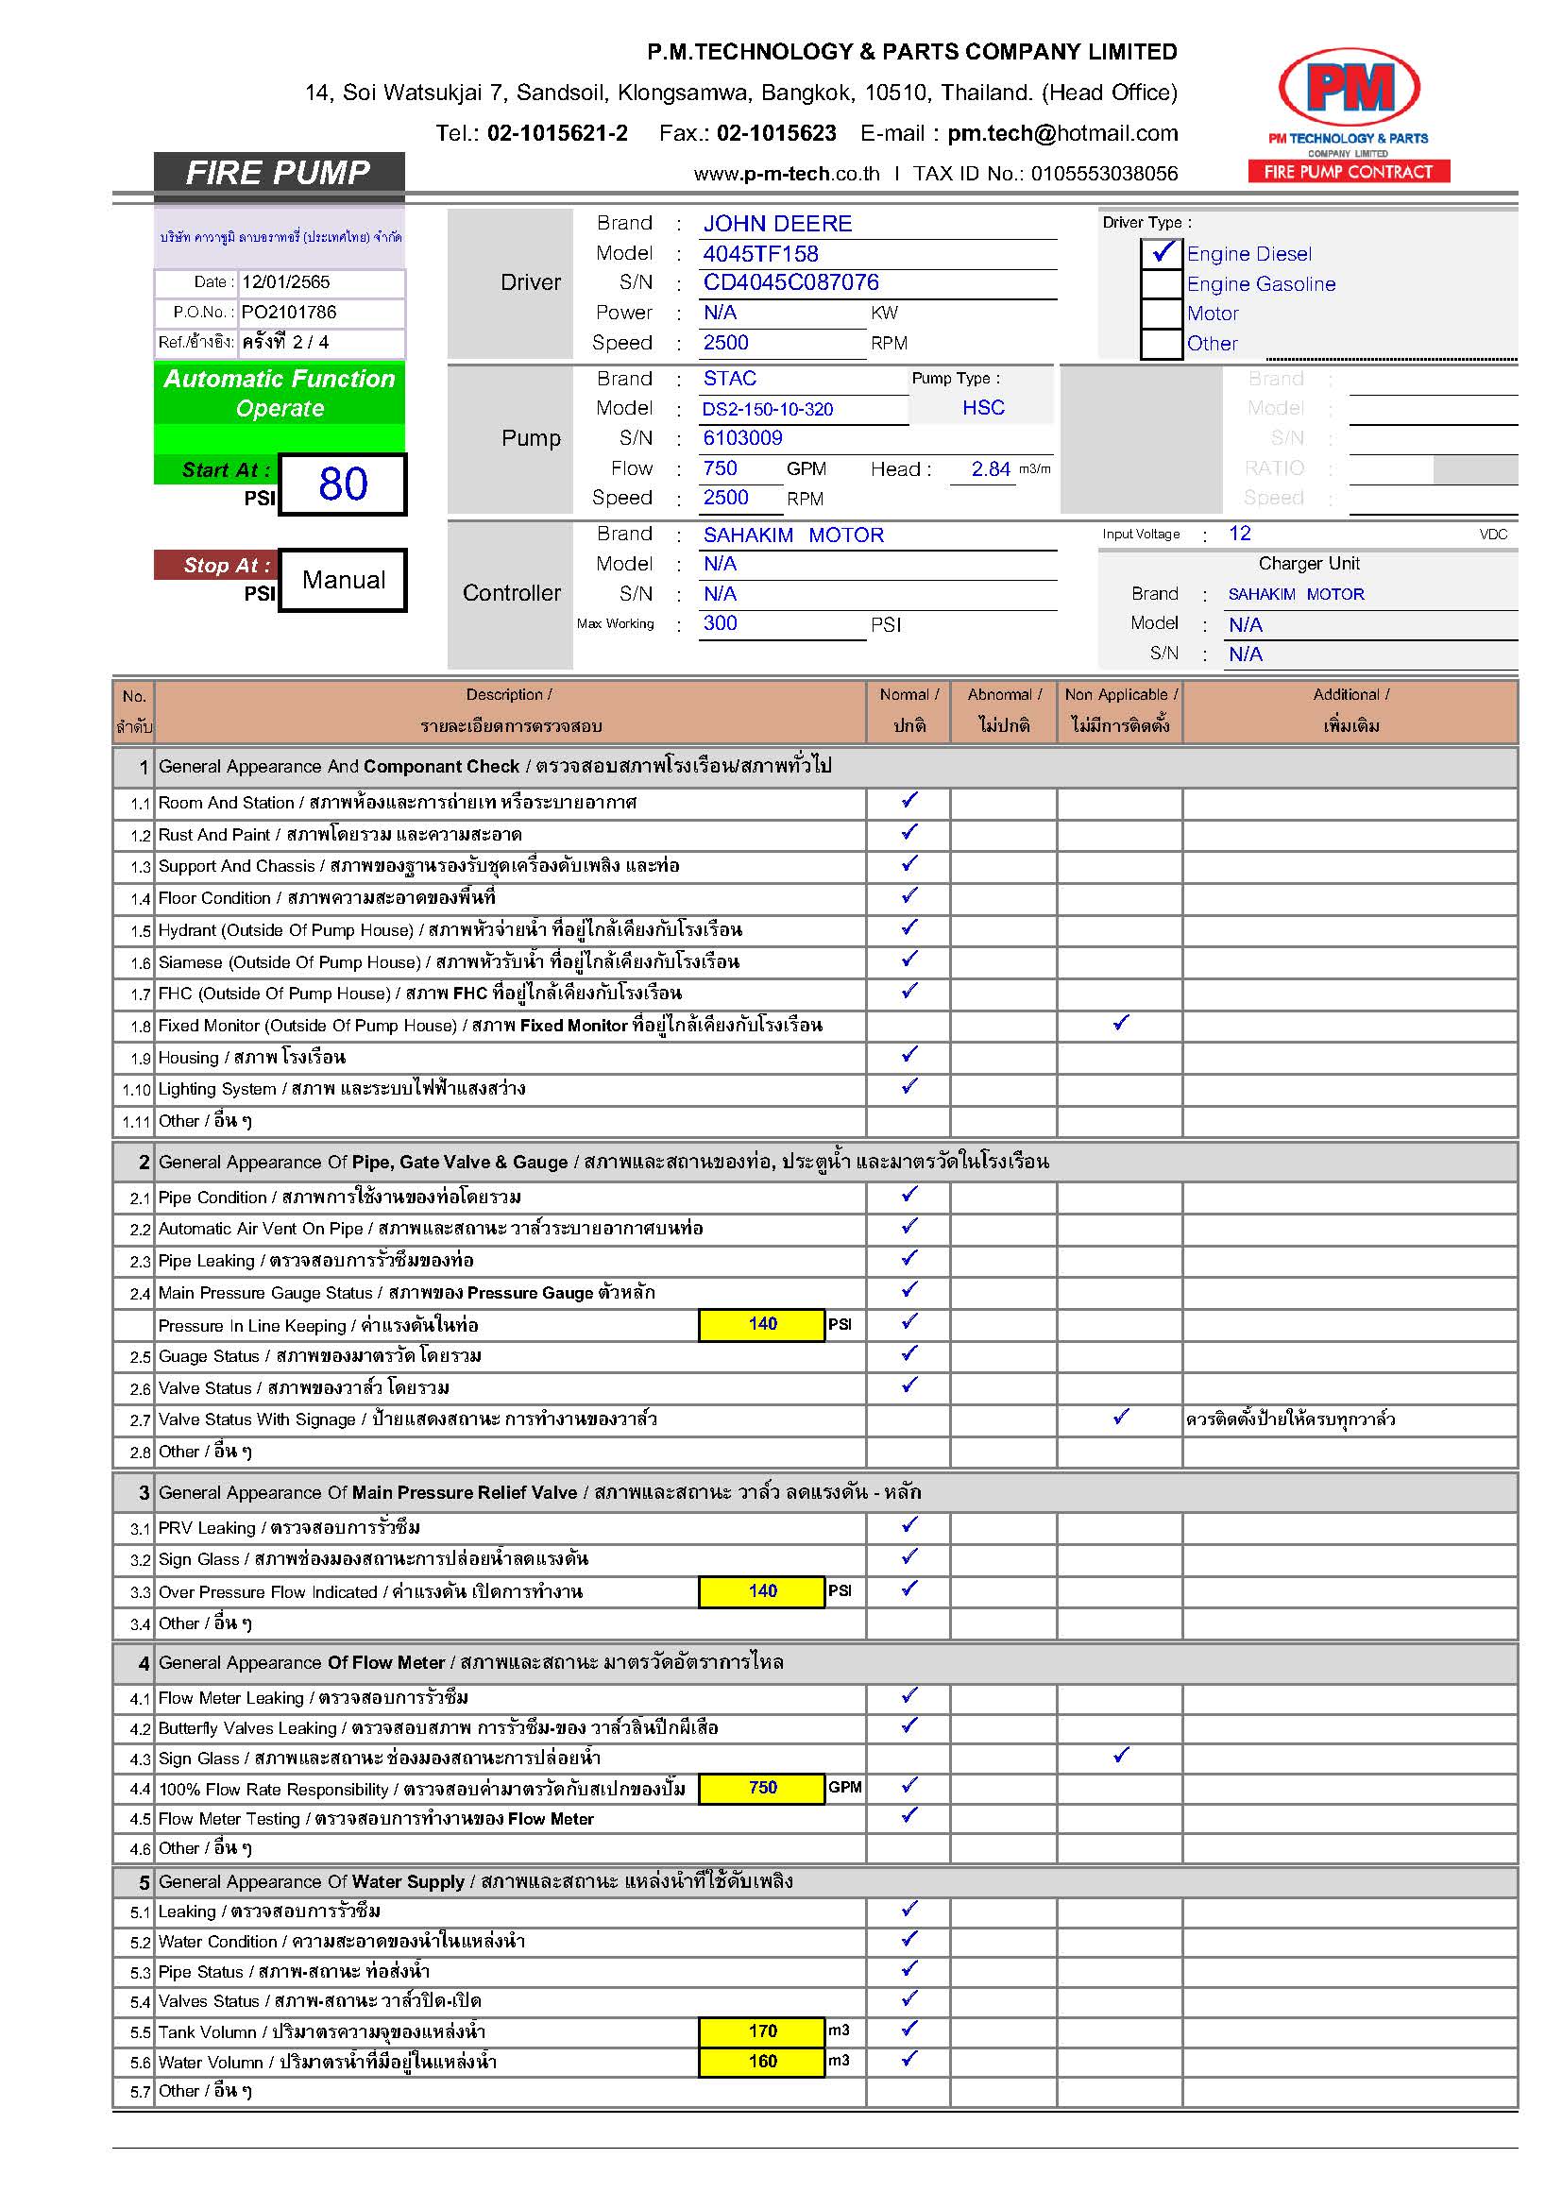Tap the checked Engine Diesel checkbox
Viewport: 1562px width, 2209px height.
pyautogui.click(x=1162, y=253)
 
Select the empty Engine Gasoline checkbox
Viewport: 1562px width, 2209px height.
pyautogui.click(x=1162, y=284)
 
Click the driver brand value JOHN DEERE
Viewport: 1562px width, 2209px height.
pyautogui.click(x=777, y=224)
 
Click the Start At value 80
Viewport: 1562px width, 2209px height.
pyautogui.click(x=343, y=484)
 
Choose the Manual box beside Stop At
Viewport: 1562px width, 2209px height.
pyautogui.click(x=344, y=580)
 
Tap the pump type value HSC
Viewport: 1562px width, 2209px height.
pyautogui.click(x=983, y=408)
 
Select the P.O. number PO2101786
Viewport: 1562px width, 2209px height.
pyautogui.click(x=289, y=313)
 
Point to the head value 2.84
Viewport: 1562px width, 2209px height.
pyautogui.click(x=990, y=469)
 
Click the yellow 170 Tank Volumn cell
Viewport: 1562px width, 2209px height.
pyautogui.click(x=762, y=2031)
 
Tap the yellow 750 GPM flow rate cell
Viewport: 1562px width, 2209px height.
pyautogui.click(x=762, y=1788)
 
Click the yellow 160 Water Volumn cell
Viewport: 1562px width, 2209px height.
pyautogui.click(x=762, y=2061)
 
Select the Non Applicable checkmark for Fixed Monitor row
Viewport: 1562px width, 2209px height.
pyautogui.click(x=1121, y=1024)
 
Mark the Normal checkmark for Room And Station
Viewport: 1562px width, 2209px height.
pyautogui.click(x=908, y=801)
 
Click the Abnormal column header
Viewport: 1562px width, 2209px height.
pyautogui.click(x=1004, y=710)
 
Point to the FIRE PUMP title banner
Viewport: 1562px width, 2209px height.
pyautogui.click(x=278, y=173)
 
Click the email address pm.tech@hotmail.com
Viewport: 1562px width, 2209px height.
pyautogui.click(x=1061, y=134)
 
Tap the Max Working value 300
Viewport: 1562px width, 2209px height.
pyautogui.click(x=721, y=623)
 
